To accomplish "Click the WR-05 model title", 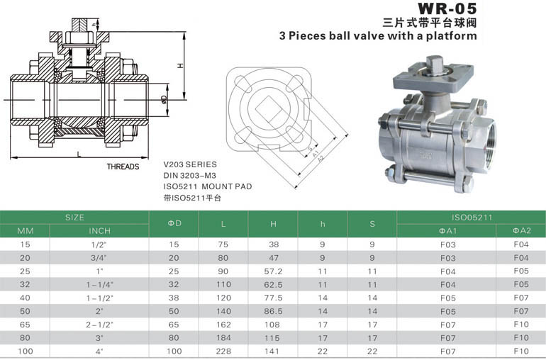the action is (x=447, y=9).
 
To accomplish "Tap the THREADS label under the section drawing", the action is (x=123, y=167).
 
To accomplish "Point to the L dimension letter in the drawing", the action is (x=79, y=154).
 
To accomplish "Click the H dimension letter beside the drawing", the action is (x=180, y=65).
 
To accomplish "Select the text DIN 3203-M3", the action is (x=190, y=175).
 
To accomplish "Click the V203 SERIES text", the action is (x=190, y=164).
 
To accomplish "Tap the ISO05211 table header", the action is (x=472, y=218).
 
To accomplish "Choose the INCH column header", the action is (x=99, y=231).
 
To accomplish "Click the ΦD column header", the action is (x=174, y=223).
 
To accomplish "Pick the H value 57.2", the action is (x=273, y=271).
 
